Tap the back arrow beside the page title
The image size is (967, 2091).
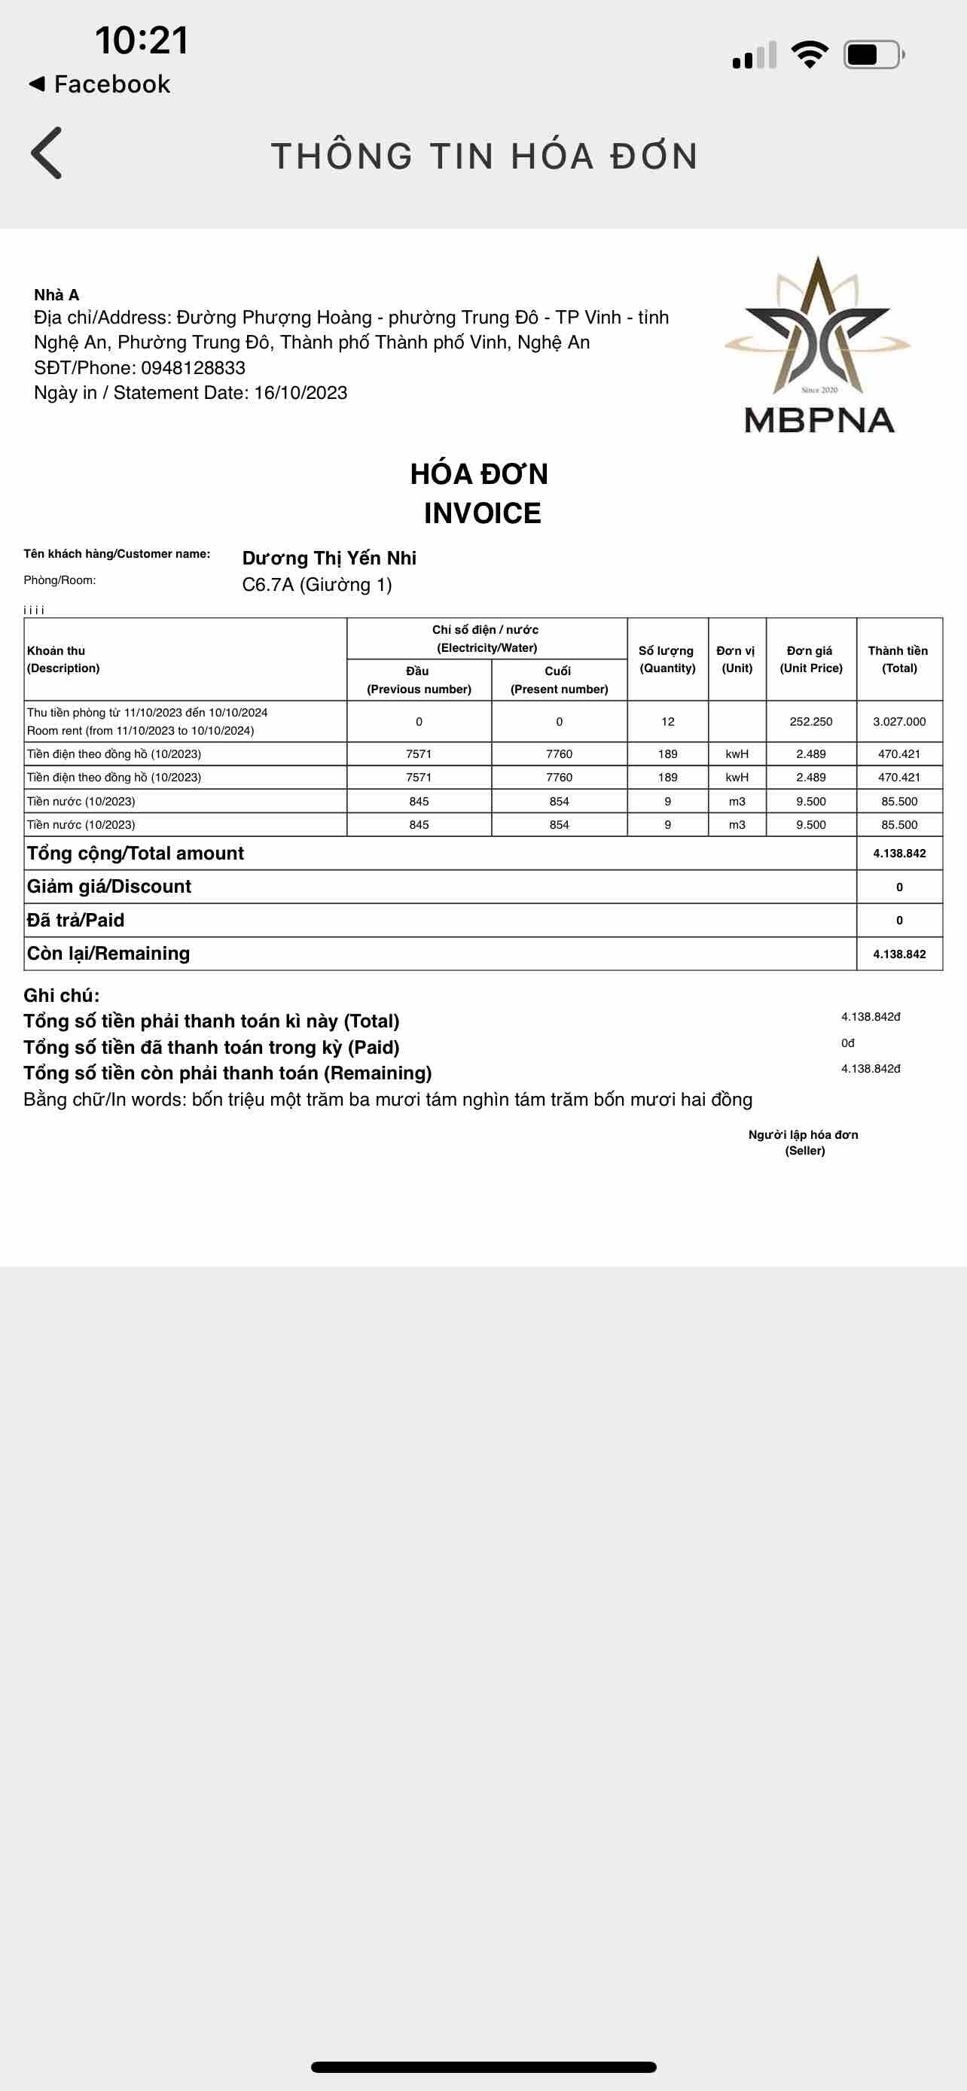[x=46, y=153]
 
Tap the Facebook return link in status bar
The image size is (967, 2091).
[x=100, y=84]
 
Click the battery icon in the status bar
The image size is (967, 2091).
[x=873, y=54]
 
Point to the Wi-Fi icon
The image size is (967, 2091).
[x=810, y=54]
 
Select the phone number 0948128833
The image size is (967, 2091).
[x=194, y=368]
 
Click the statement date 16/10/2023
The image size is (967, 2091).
[x=300, y=393]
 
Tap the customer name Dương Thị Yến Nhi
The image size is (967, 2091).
[x=329, y=558]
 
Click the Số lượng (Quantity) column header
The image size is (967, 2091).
[x=667, y=659]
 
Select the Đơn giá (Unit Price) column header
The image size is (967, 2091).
[x=811, y=659]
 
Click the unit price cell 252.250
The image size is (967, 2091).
[x=811, y=722]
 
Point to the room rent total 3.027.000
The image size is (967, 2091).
[x=898, y=722]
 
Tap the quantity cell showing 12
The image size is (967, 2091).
[x=667, y=722]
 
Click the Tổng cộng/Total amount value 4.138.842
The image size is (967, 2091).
[x=898, y=853]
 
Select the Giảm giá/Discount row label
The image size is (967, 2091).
[x=108, y=887]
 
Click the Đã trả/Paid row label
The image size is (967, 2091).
[x=75, y=920]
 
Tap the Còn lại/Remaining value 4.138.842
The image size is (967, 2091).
[x=898, y=954]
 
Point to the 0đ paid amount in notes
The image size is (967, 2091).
[x=848, y=1043]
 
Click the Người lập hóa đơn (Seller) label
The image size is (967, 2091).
[x=803, y=1142]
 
